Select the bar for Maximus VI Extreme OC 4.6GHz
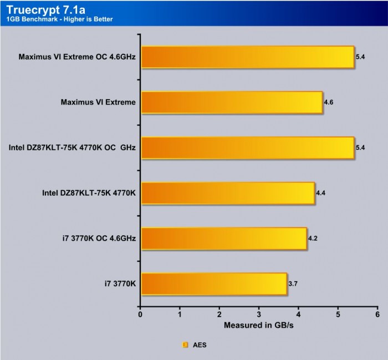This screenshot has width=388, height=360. pos(247,57)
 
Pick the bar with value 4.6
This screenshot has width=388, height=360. pos(232,103)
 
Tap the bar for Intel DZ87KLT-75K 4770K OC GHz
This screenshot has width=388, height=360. pos(247,148)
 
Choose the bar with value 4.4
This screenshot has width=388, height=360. pos(228,194)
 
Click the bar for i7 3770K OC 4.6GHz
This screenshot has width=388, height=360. pos(224,239)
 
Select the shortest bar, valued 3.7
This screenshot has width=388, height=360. pos(214,285)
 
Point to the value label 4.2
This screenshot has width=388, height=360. pos(313,239)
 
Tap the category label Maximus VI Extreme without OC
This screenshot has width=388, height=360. pos(98,103)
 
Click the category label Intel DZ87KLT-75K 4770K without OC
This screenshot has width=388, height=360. pos(89,194)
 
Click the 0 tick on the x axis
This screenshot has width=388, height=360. pos(141,315)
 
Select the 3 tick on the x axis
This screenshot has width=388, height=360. pos(259,315)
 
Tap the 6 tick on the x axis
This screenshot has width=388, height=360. pos(377,315)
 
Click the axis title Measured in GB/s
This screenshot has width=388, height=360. pos(258,325)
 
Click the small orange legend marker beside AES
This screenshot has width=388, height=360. pos(186,344)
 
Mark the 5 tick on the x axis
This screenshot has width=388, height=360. pos(338,315)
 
